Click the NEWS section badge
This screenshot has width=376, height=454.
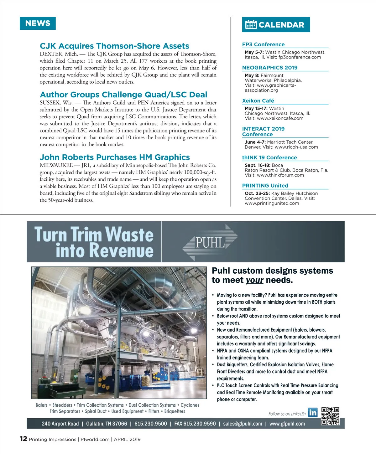point(38,23)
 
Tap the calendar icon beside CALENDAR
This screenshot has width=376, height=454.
point(251,24)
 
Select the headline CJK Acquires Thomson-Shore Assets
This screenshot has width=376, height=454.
point(114,46)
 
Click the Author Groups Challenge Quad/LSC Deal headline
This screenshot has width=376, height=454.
point(123,95)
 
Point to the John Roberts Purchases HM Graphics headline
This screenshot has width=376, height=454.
point(115,157)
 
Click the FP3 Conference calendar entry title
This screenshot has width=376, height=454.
point(263,44)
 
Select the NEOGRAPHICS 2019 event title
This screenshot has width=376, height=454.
point(270,68)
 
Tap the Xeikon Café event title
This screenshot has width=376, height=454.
point(258,101)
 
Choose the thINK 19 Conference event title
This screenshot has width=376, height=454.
point(269,157)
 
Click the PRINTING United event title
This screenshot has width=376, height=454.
point(265,186)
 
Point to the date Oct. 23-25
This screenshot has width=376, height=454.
point(257,193)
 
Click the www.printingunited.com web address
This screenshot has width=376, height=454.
point(272,203)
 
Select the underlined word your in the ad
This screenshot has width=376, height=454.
point(254,280)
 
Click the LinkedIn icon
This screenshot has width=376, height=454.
point(312,413)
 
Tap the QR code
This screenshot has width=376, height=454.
point(330,416)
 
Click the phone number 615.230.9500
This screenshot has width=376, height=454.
point(151,424)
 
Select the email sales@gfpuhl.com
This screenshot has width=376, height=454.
point(243,424)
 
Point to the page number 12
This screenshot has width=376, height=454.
point(23,439)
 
